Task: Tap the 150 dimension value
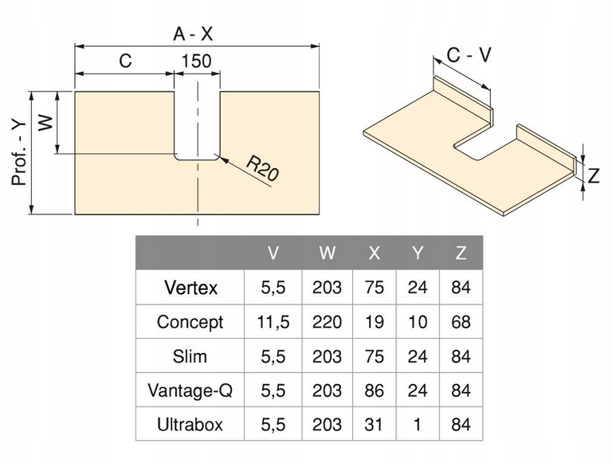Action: coord(196,61)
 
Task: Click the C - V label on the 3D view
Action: coord(469,55)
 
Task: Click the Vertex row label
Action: coord(190,287)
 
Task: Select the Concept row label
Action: coord(190,322)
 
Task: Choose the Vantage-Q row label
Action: coord(190,390)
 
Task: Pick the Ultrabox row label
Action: coord(190,425)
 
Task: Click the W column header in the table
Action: coord(328,253)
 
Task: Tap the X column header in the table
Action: coord(375,253)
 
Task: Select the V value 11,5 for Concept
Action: coord(273,322)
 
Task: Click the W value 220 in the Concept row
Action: coord(328,322)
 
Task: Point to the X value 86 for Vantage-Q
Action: coord(375,390)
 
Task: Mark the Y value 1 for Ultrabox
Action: coord(418,425)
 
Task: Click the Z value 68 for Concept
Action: coord(461,322)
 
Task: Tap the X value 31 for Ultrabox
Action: coord(375,425)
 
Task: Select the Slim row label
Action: coord(190,356)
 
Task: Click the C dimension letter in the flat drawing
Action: coord(124,61)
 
